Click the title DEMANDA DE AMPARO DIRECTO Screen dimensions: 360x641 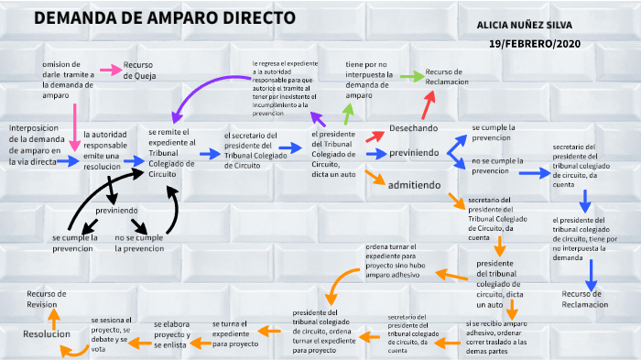(x=164, y=18)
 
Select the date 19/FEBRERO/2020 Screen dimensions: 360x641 (x=535, y=43)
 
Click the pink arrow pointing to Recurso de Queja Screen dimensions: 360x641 (x=110, y=70)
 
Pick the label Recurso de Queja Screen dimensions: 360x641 (x=142, y=71)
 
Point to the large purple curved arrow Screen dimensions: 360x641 (x=206, y=93)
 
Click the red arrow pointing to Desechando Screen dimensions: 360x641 (x=375, y=136)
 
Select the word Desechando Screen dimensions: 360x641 (x=413, y=128)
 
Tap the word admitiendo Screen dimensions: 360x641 (x=415, y=184)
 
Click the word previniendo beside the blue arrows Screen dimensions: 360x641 (x=414, y=152)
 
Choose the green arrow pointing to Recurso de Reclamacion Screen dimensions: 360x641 (x=411, y=77)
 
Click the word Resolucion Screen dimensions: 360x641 (x=47, y=334)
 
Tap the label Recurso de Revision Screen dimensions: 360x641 (x=47, y=299)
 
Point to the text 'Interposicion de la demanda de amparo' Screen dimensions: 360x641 (x=34, y=144)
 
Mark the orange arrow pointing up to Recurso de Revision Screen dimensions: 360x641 (x=53, y=318)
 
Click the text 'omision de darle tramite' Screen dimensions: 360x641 (x=68, y=80)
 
